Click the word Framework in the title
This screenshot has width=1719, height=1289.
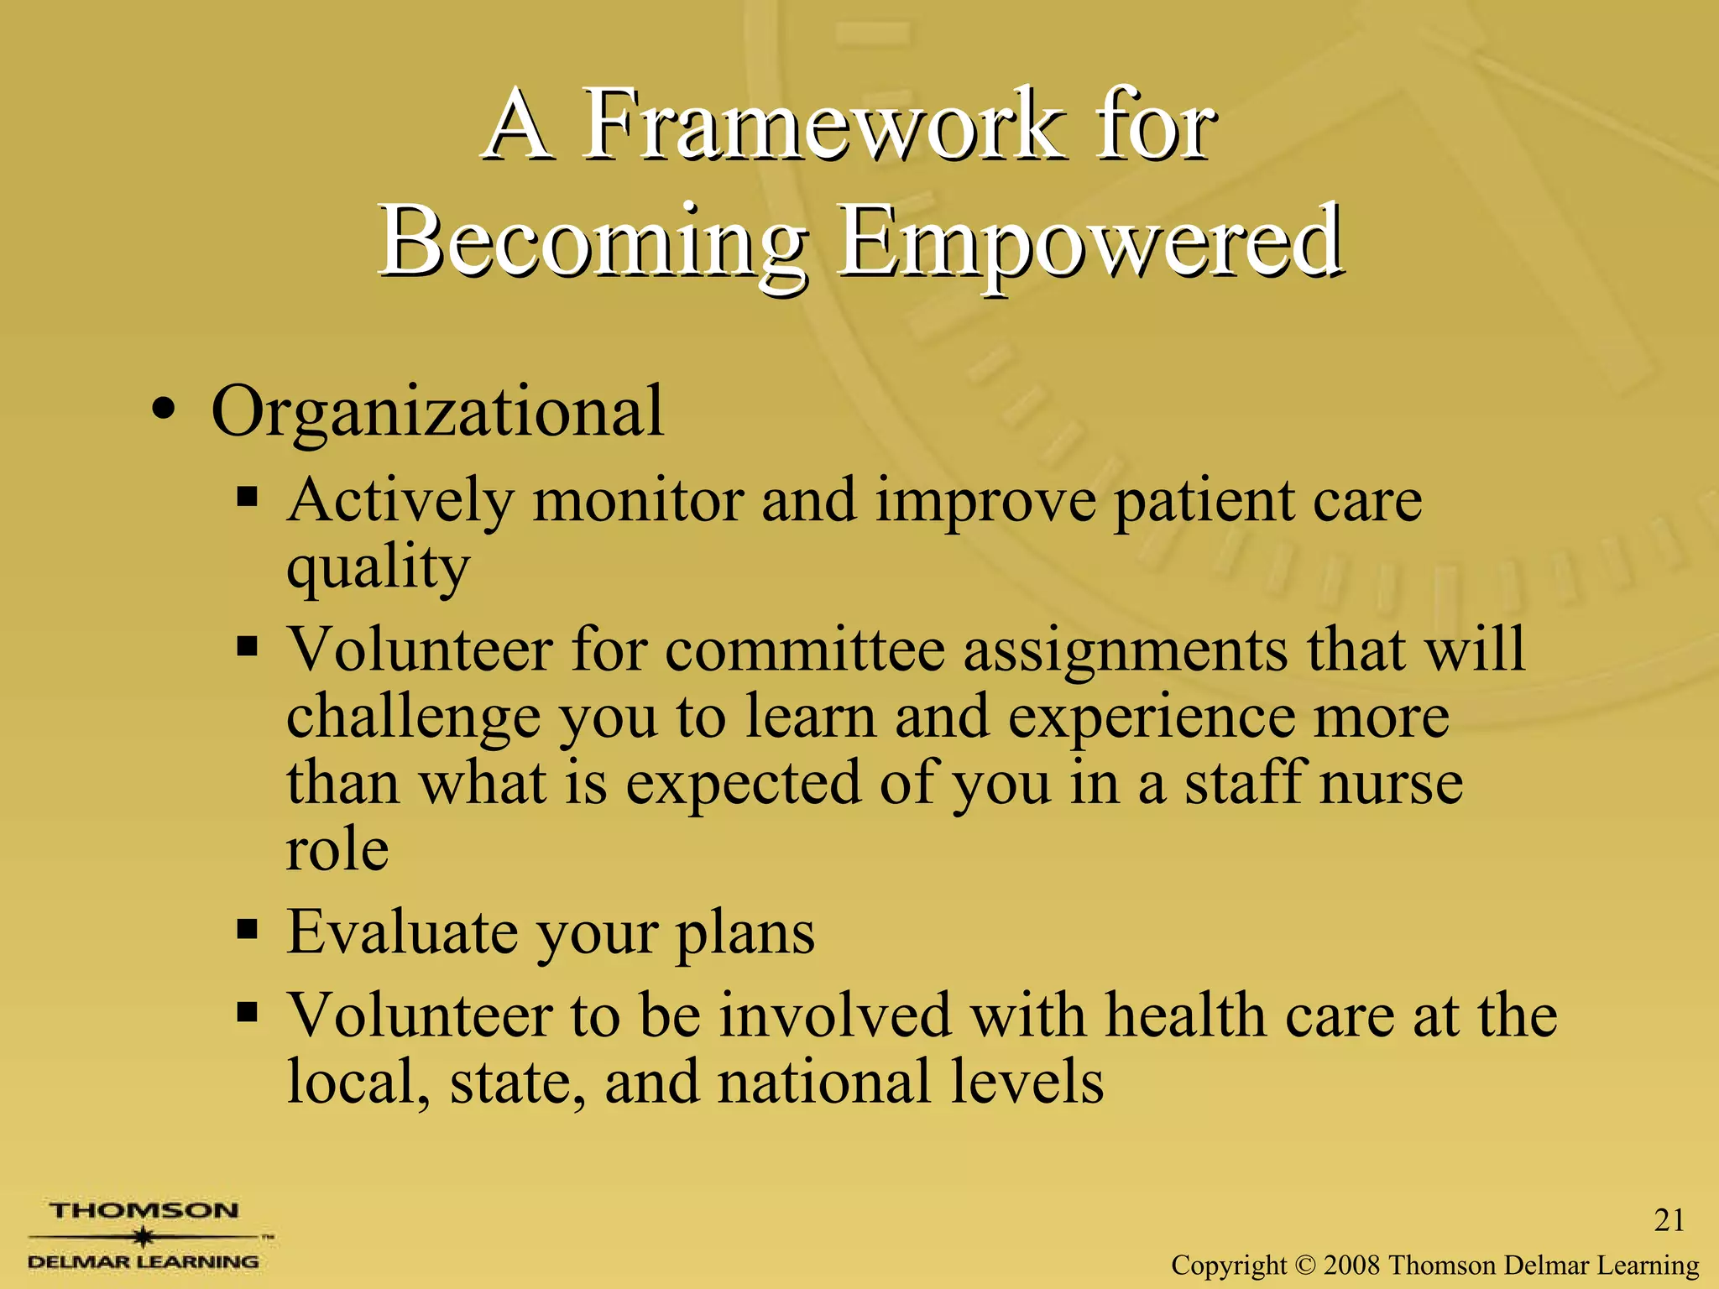(819, 126)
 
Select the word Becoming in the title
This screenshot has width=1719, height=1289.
(593, 243)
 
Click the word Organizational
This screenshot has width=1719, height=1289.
(437, 411)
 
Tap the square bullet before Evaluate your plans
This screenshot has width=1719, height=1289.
(246, 930)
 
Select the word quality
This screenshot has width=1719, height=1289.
(377, 569)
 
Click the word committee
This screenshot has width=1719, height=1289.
(805, 650)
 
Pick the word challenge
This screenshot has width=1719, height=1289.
(413, 718)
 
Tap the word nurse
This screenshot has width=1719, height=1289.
(1391, 782)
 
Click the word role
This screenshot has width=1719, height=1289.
(337, 849)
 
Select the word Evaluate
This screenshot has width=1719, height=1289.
(402, 932)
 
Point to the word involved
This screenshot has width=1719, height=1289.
(835, 1015)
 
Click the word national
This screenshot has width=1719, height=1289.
(825, 1082)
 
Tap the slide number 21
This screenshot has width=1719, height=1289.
(1669, 1220)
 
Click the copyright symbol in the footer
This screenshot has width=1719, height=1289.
(1304, 1265)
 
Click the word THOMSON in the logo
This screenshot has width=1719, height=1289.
(144, 1211)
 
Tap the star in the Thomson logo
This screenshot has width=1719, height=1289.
(144, 1237)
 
